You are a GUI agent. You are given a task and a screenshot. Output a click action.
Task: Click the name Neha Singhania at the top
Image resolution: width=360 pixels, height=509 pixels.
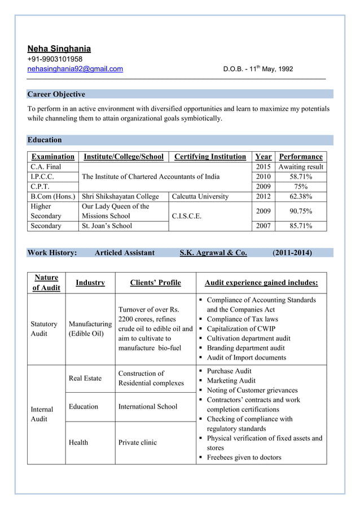click(x=59, y=49)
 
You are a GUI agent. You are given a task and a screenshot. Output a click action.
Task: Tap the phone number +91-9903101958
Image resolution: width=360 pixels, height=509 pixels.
click(x=55, y=59)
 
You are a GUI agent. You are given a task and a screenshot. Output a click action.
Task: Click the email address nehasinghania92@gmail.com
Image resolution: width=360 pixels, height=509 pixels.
click(x=75, y=69)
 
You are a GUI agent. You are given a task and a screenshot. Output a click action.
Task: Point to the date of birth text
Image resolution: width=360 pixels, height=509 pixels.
click(x=258, y=69)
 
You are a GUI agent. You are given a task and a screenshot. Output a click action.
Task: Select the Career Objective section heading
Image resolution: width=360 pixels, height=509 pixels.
click(x=56, y=94)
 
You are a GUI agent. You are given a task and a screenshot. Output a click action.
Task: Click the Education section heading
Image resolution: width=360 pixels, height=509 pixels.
click(x=45, y=140)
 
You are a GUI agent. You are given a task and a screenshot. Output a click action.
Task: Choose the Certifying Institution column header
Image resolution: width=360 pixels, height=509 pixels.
click(x=210, y=156)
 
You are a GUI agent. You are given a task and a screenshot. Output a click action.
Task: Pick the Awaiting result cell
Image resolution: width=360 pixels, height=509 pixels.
click(x=301, y=167)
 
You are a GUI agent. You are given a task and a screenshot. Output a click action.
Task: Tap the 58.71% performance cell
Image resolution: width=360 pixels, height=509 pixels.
click(x=301, y=177)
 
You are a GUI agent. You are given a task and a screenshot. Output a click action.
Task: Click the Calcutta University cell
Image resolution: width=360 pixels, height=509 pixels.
click(x=200, y=196)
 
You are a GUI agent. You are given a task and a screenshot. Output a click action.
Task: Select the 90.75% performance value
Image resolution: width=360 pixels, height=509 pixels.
click(x=301, y=211)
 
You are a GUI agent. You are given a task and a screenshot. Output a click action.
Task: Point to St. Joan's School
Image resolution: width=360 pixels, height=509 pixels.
click(x=107, y=226)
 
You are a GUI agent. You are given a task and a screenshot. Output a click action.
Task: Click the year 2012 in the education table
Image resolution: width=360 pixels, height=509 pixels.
click(x=263, y=196)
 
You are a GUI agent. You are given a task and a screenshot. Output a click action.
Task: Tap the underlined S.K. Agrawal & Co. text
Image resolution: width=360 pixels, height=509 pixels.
click(x=213, y=253)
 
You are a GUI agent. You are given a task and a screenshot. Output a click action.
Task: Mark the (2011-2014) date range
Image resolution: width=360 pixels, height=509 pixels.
click(x=292, y=253)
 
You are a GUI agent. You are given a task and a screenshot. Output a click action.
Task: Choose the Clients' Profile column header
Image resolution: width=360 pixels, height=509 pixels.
click(x=155, y=283)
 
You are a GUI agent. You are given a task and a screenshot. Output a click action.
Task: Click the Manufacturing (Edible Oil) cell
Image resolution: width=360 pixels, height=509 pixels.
click(x=90, y=328)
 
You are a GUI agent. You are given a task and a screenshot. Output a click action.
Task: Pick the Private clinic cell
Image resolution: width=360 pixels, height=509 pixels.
click(x=137, y=442)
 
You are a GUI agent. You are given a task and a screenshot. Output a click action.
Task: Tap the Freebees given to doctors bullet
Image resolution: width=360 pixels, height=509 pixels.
click(x=244, y=457)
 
